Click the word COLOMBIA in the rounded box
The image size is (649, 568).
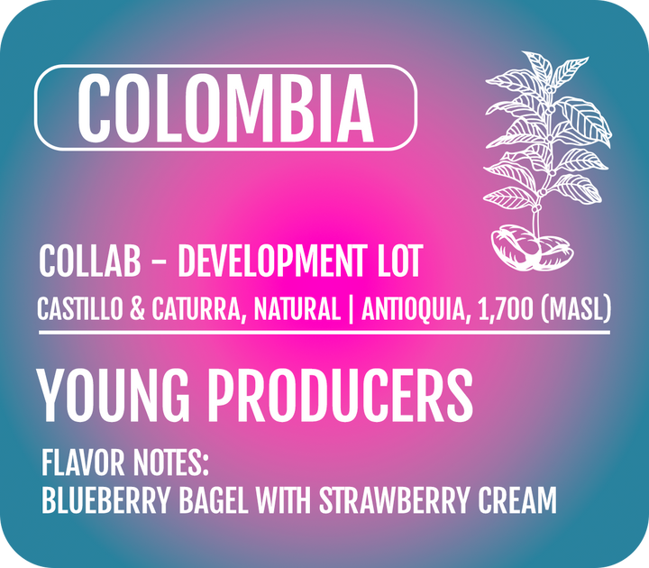point(224,108)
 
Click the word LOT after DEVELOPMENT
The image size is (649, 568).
point(398,263)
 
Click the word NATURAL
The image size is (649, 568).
point(297,309)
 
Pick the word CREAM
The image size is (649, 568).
point(517,501)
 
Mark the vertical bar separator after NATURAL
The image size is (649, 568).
point(350,309)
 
